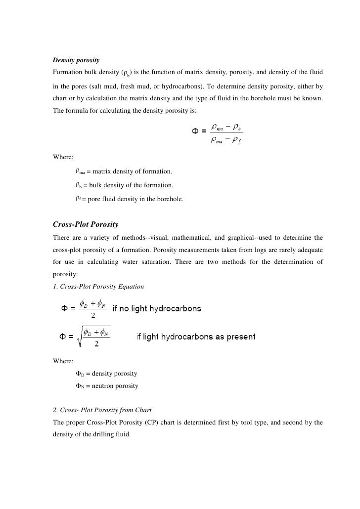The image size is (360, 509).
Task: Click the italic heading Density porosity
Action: (76, 60)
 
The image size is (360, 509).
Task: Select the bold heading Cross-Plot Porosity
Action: (85, 224)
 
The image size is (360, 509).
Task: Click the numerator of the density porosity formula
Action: (226, 127)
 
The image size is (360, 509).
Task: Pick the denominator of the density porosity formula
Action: (226, 143)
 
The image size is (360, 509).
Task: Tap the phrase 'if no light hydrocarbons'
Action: (157, 309)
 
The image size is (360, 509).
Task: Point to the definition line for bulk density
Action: (124, 185)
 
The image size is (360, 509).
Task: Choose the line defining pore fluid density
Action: (129, 199)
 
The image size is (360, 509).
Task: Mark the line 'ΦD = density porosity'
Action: (106, 373)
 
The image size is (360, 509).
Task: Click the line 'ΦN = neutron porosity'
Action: (106, 386)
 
